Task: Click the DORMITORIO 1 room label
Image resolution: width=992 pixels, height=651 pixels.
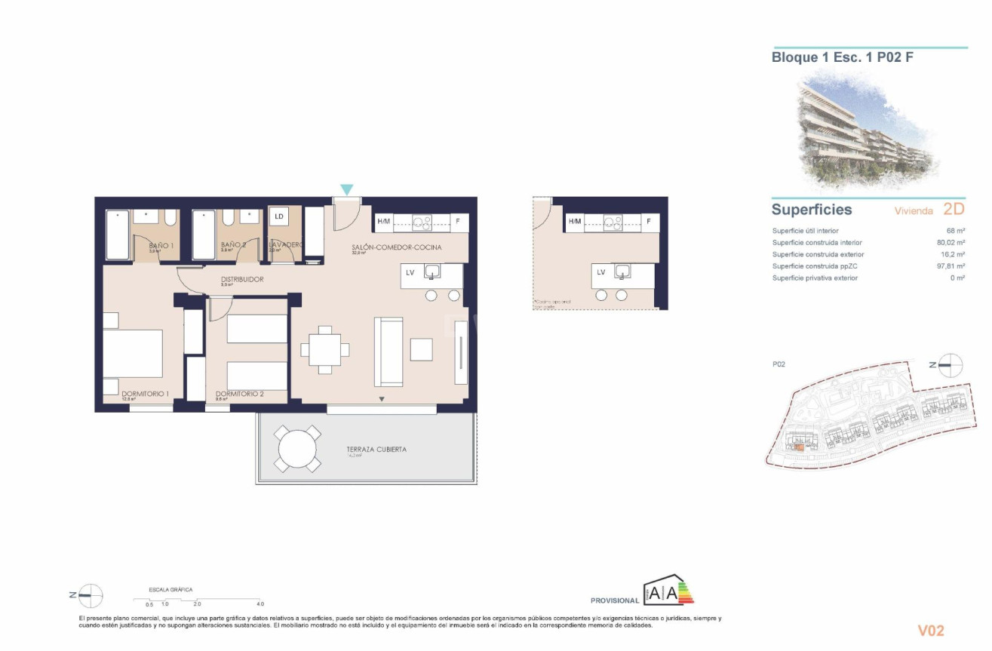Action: coord(145,393)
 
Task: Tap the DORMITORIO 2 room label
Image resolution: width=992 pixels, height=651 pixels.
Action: coord(239,394)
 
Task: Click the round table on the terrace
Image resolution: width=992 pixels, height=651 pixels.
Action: coord(298,450)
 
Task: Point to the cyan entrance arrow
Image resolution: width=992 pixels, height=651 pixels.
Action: coord(346,189)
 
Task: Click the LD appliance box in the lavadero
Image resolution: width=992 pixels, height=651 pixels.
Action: coord(279,217)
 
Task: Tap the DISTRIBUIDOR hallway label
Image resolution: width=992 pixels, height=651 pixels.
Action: coord(242,279)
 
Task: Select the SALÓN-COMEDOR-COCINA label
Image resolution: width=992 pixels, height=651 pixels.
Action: coord(396,247)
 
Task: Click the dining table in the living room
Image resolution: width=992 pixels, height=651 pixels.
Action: coord(324,349)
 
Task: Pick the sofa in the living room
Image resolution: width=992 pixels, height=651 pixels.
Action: coord(389,352)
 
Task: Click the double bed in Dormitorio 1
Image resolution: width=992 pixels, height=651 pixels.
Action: coord(133,353)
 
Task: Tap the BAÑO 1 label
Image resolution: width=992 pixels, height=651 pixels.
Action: coord(161,246)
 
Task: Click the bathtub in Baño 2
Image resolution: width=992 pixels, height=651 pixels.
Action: coord(204,234)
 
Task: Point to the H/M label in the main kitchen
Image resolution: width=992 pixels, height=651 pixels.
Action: coord(383,222)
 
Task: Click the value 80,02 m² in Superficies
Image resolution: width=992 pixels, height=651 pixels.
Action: coord(949,243)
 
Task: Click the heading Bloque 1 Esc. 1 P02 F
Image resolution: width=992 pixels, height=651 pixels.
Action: coord(842,57)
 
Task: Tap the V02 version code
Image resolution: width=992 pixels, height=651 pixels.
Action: coord(930,631)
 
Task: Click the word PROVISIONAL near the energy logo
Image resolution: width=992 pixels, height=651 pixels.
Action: coord(614,601)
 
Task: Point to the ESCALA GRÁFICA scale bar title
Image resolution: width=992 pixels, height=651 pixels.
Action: coord(170,589)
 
